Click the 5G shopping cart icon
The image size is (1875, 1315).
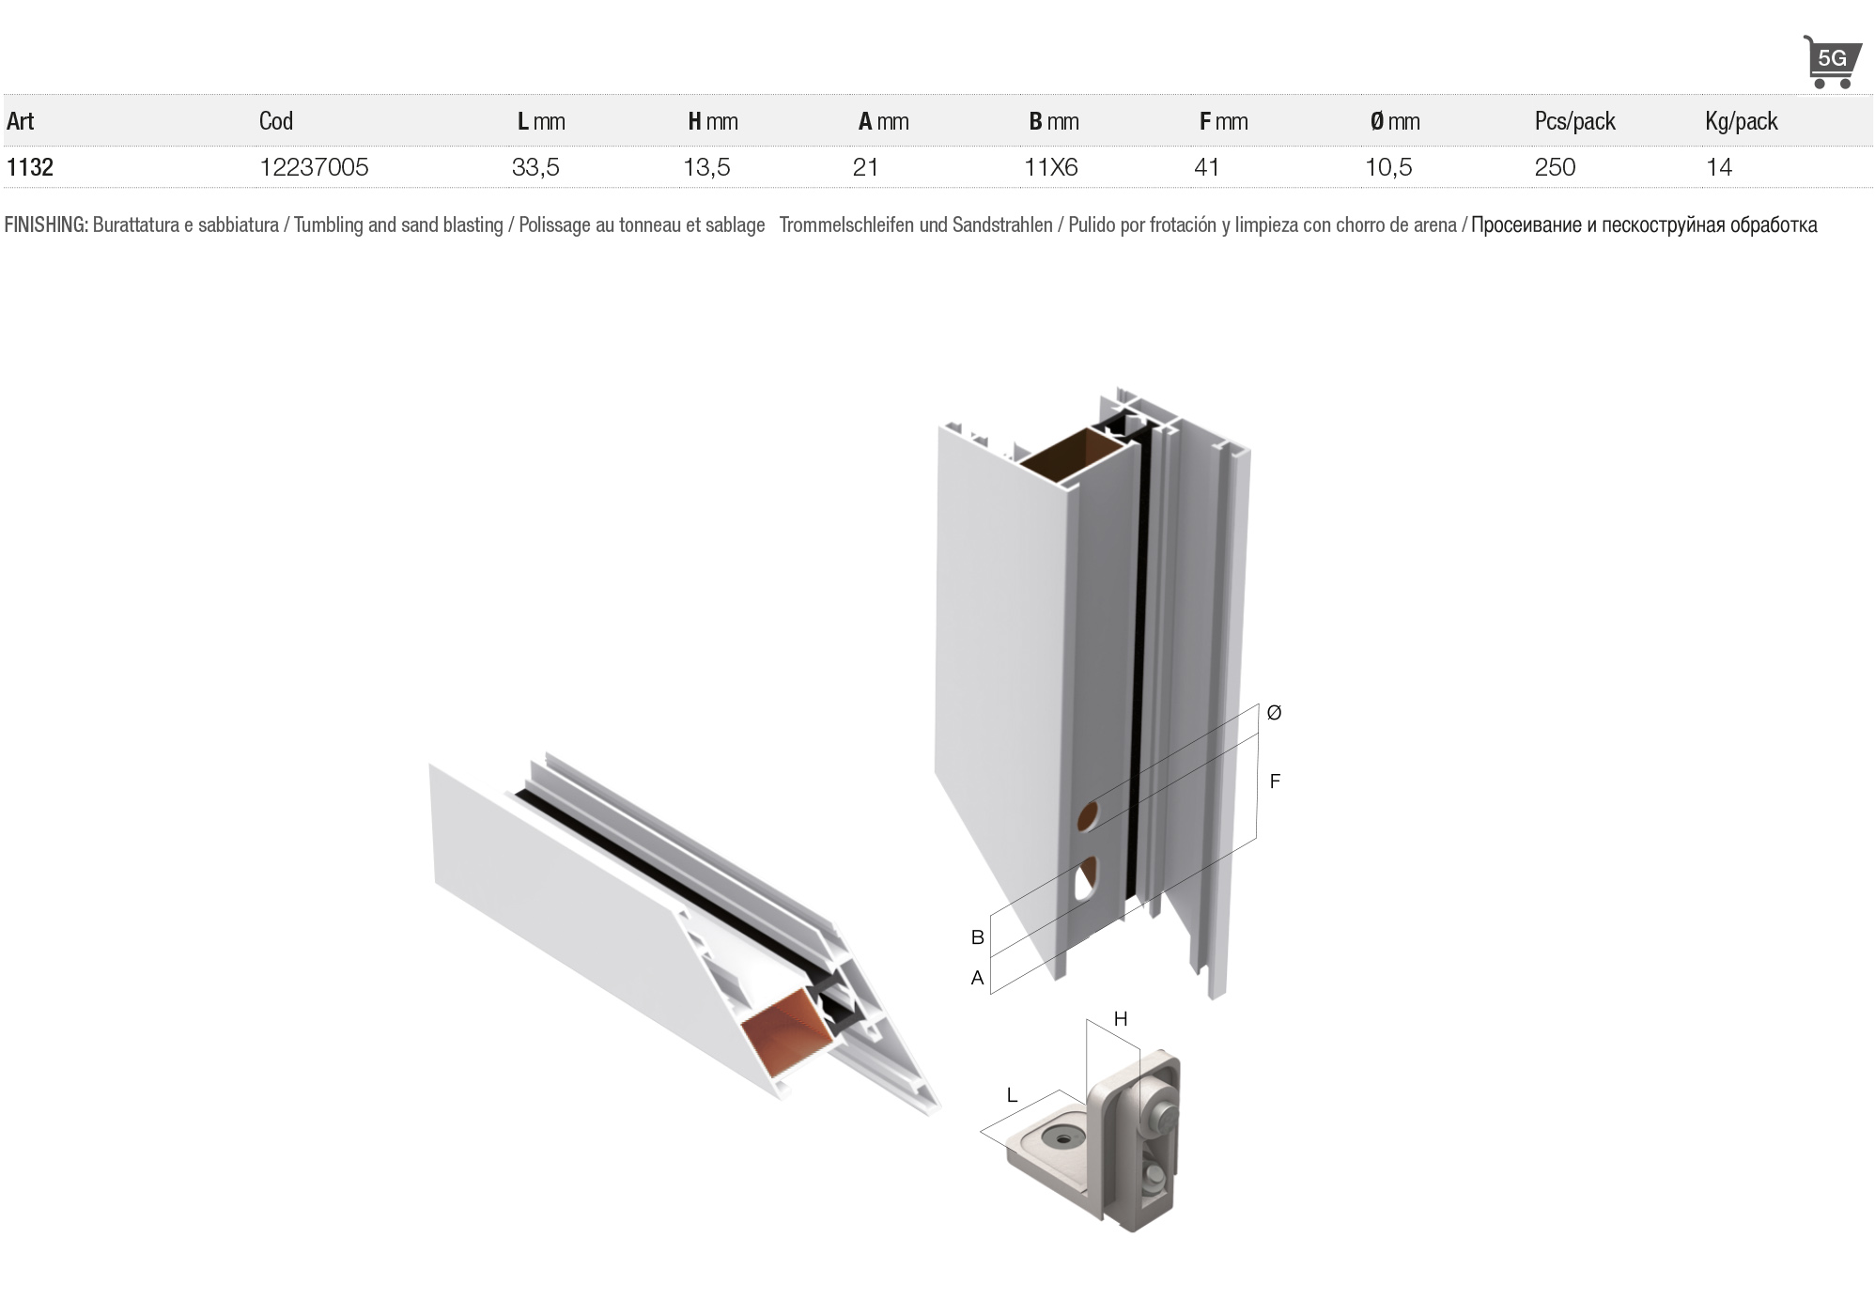(x=1831, y=62)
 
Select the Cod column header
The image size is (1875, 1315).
(x=276, y=121)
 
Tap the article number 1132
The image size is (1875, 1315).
(x=30, y=167)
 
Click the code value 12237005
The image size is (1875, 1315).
(x=314, y=167)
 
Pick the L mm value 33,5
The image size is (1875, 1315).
(x=535, y=167)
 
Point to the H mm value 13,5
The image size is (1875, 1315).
(x=706, y=167)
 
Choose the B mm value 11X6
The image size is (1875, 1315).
(x=1051, y=167)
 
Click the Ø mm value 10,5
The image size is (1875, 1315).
(x=1388, y=167)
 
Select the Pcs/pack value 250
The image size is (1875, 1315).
(x=1555, y=167)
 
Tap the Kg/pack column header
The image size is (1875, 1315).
(x=1742, y=121)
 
